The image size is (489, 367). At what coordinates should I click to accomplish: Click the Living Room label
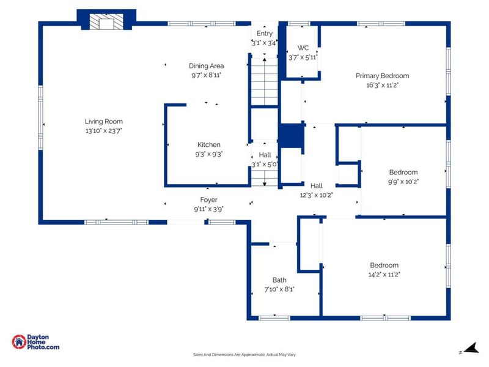(103, 121)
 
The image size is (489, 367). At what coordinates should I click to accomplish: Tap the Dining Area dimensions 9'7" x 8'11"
(206, 75)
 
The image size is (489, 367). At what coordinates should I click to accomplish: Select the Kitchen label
(208, 144)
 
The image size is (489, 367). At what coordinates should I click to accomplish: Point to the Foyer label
(208, 200)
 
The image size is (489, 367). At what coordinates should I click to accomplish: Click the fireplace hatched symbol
(106, 22)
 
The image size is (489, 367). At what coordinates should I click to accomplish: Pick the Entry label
(265, 34)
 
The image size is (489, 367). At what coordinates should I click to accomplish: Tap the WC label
(303, 48)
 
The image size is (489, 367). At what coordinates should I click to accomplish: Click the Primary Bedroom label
(383, 76)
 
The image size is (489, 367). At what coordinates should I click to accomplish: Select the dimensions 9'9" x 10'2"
(403, 182)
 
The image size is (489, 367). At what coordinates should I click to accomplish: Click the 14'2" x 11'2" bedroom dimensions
(384, 275)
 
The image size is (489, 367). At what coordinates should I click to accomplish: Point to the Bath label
(279, 280)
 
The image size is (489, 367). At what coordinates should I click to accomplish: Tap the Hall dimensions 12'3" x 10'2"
(316, 195)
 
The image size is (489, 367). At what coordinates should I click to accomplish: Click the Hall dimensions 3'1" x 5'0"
(265, 164)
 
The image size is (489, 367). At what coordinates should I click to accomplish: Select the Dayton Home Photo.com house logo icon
(19, 342)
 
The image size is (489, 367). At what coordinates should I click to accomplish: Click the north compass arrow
(471, 347)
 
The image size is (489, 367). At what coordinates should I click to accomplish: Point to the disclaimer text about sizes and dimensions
(244, 355)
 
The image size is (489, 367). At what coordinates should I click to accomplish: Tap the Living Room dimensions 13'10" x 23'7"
(103, 131)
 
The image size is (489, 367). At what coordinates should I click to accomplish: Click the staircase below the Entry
(265, 82)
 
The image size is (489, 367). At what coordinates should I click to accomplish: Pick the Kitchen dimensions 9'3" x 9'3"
(208, 154)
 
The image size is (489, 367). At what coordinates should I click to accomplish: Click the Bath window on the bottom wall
(274, 318)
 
